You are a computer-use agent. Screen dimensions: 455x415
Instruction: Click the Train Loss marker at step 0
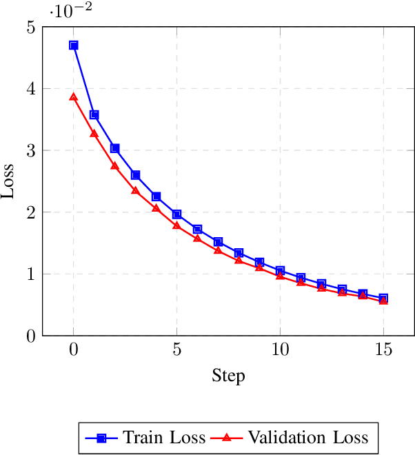coord(74,45)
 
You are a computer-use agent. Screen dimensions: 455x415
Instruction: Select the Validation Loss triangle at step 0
coord(74,97)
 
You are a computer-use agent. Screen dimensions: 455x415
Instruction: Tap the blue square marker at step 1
coord(94,115)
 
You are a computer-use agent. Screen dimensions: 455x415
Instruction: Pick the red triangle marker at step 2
coord(115,166)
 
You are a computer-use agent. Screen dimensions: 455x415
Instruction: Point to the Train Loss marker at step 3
coord(136,175)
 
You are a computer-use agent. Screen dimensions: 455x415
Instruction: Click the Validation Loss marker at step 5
coord(177,225)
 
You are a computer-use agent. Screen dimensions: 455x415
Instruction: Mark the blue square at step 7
coord(218,242)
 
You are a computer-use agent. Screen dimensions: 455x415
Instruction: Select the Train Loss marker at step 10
coord(280,271)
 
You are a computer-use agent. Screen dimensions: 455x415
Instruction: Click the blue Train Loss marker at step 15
coord(383,298)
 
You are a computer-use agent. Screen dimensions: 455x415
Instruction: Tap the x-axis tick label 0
coord(74,350)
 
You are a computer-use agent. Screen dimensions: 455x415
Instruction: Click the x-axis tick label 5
coord(177,350)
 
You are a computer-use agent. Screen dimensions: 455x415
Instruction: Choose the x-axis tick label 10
coord(280,350)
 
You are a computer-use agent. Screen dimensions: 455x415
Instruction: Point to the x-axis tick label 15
coord(383,350)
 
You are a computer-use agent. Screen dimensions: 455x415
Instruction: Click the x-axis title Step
coord(228,376)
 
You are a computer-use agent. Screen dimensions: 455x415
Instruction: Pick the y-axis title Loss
coord(9,181)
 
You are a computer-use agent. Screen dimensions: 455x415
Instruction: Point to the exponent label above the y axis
coord(72,11)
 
